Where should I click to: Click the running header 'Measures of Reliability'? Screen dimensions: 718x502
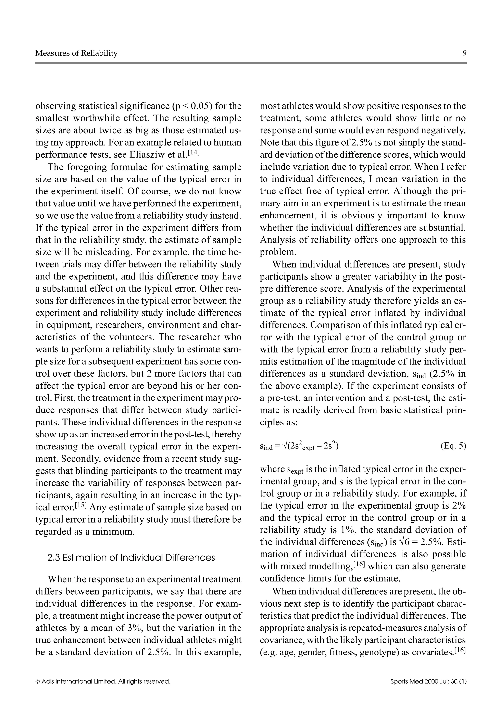click(x=76, y=53)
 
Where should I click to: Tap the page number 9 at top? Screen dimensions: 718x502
click(x=464, y=53)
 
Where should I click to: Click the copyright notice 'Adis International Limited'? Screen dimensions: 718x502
click(x=105, y=681)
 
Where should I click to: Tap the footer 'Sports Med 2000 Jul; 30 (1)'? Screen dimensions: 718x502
click(x=428, y=681)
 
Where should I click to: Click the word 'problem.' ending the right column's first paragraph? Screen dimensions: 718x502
click(x=274, y=252)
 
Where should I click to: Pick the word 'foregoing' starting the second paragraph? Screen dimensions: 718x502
click(x=86, y=167)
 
